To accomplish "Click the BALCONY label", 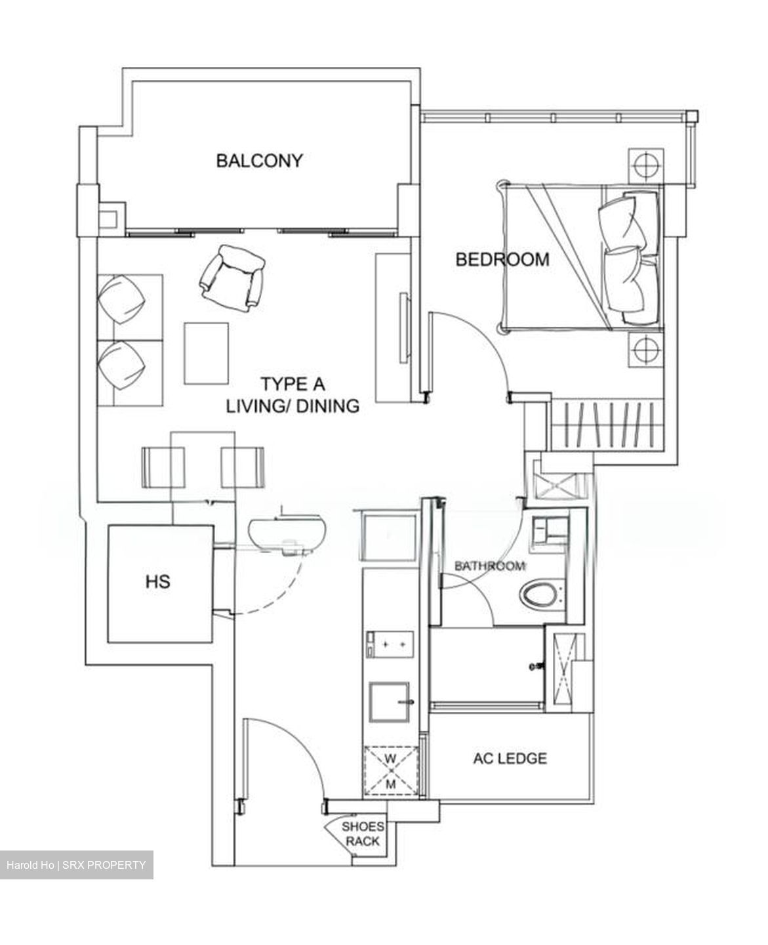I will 260,160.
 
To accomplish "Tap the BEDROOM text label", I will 502,259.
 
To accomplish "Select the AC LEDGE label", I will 510,759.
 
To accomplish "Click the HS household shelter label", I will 159,581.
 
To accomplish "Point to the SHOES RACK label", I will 363,833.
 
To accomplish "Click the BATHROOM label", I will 490,566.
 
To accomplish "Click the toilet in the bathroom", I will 542,595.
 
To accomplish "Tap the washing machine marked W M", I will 391,771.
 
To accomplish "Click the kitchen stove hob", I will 390,644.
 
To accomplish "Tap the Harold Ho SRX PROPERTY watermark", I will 76,865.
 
